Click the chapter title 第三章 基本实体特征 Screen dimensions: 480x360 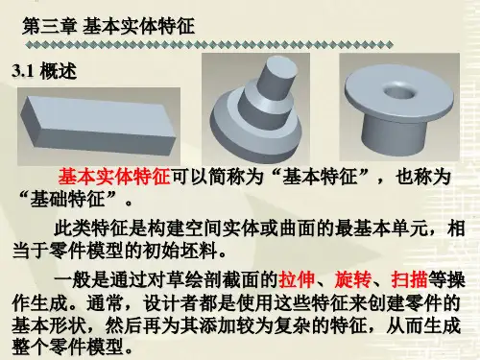108,26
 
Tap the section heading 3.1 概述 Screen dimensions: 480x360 44,71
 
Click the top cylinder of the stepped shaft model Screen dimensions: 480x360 277,75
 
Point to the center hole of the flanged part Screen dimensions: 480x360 397,91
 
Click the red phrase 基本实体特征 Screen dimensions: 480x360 114,177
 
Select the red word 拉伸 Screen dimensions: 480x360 297,279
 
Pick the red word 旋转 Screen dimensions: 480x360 352,279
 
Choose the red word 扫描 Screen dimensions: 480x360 409,279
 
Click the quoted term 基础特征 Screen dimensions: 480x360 67,199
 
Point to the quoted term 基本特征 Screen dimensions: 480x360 320,177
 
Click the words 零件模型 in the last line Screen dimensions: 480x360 86,347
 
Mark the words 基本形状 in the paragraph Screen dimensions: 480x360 49,325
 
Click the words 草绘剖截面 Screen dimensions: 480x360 211,279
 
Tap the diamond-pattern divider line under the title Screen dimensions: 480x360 209,45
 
